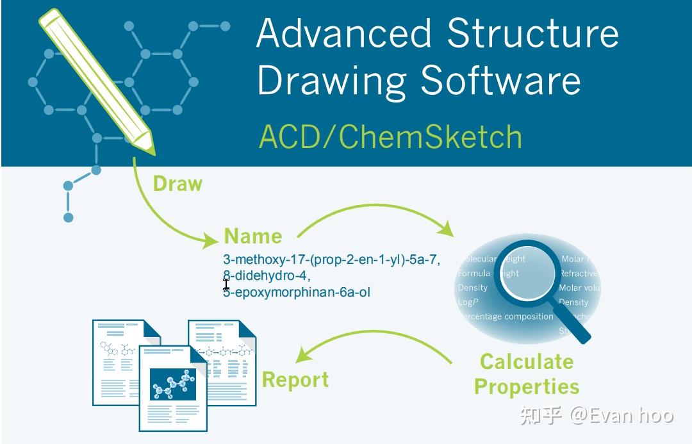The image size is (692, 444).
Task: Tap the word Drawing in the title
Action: click(331, 81)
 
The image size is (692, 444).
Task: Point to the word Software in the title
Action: click(500, 81)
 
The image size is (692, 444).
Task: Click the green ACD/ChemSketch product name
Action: click(390, 136)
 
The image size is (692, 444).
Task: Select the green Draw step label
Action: click(177, 184)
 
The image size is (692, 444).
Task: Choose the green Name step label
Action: click(252, 236)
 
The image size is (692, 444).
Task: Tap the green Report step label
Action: click(295, 379)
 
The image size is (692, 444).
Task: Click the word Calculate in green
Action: click(526, 361)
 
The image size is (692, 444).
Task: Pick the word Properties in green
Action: click(526, 387)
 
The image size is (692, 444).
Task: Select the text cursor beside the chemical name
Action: click(226, 284)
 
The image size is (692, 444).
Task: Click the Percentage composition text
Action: click(506, 317)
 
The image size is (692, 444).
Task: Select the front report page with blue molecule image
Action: click(173, 388)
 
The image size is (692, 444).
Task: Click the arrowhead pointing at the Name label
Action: click(211, 242)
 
